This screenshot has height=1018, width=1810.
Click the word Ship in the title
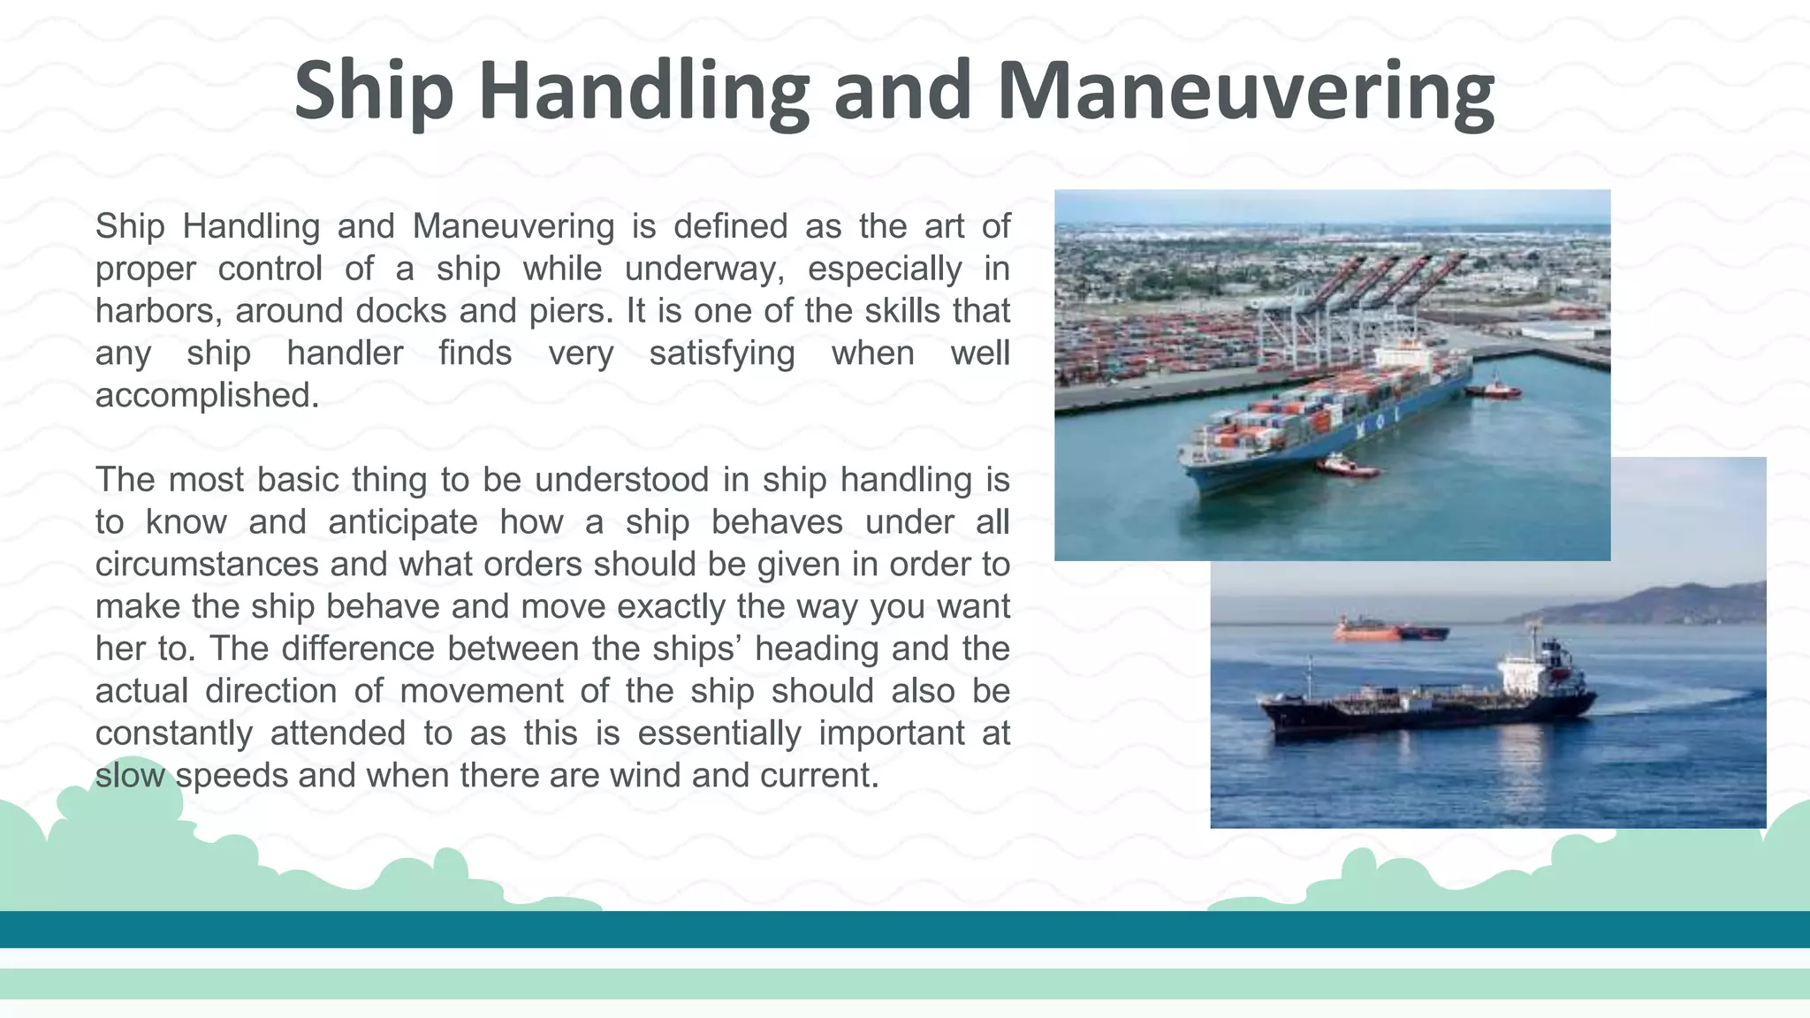[x=373, y=91]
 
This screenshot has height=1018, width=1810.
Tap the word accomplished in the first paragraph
[x=207, y=395]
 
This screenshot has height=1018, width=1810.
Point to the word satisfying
[x=721, y=353]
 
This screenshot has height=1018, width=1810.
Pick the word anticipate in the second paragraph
[x=402, y=522]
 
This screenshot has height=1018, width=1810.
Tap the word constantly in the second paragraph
[x=173, y=733]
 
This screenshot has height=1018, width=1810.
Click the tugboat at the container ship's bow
[x=1345, y=465]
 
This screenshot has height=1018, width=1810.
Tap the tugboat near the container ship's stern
[x=1493, y=388]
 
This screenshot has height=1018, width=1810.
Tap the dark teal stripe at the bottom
[x=905, y=930]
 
